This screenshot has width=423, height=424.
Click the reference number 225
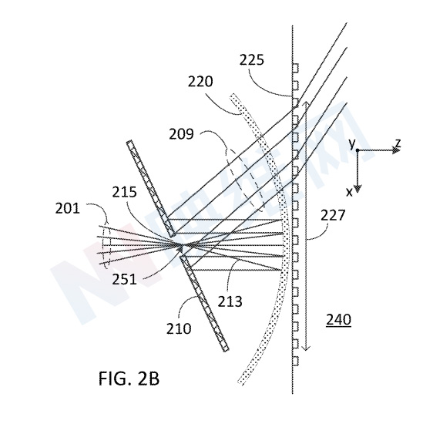pyautogui.click(x=251, y=60)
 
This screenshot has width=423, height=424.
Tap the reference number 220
pyautogui.click(x=200, y=81)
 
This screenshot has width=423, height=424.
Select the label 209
pyautogui.click(x=181, y=134)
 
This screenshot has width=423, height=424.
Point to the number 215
pyautogui.click(x=124, y=192)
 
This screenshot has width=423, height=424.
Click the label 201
pyautogui.click(x=68, y=208)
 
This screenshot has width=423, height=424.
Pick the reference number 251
pyautogui.click(x=124, y=279)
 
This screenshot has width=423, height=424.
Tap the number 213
pyautogui.click(x=230, y=301)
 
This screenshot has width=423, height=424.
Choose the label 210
pyautogui.click(x=179, y=328)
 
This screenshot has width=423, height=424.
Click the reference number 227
pyautogui.click(x=333, y=215)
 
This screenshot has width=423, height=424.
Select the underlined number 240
pyautogui.click(x=339, y=320)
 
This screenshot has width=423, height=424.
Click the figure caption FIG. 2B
pyautogui.click(x=129, y=379)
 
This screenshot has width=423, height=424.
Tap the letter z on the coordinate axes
pyautogui.click(x=398, y=143)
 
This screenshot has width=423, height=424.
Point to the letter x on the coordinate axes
pyautogui.click(x=349, y=192)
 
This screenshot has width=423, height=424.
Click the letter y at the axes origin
pyautogui.click(x=351, y=144)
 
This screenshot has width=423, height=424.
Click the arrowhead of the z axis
pyautogui.click(x=397, y=150)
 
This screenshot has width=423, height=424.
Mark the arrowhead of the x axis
pyautogui.click(x=358, y=189)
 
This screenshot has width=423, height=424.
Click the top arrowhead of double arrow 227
pyautogui.click(x=306, y=104)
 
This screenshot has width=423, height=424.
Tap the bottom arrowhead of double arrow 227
pyautogui.click(x=306, y=348)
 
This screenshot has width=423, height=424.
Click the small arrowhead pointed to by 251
pyautogui.click(x=180, y=247)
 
